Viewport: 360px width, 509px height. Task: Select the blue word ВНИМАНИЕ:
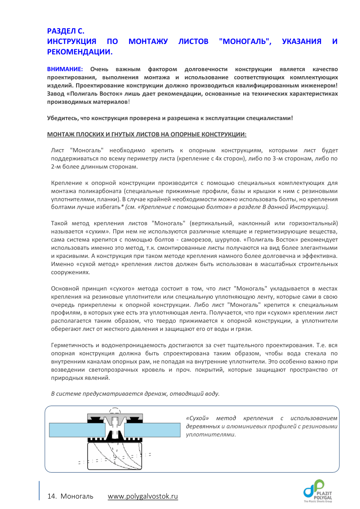65,69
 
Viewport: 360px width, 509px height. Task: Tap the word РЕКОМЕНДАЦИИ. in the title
80,52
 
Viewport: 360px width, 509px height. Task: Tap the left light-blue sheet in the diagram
77,429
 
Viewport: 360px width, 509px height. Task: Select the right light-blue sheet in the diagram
152,429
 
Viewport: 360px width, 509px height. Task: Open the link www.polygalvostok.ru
143,496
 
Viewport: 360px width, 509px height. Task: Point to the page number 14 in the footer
51,496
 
